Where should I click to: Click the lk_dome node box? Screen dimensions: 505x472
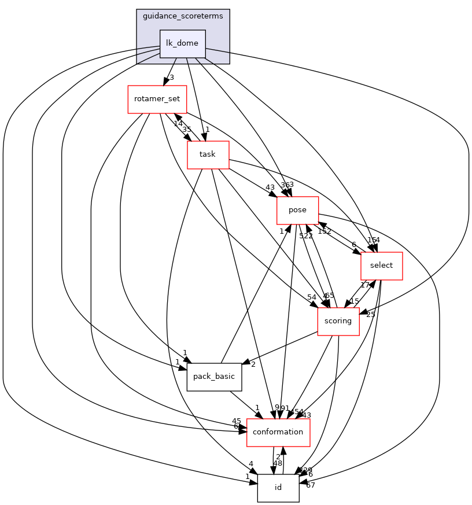point(182,43)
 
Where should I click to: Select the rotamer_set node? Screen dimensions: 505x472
point(157,99)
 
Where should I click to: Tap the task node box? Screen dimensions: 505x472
point(208,154)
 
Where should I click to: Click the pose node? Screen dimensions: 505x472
point(297,210)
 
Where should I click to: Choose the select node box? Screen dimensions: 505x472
point(381,266)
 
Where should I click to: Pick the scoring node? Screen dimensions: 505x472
point(338,321)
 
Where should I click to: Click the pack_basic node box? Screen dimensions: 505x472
point(213,377)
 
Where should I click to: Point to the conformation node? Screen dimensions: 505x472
point(278,432)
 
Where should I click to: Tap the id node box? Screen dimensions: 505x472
point(278,488)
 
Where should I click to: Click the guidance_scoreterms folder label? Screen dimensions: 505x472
point(183,16)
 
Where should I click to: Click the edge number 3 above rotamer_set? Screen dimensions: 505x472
point(171,77)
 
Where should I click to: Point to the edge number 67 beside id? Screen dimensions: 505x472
point(311,485)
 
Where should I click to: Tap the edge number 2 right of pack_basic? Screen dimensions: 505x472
point(253,364)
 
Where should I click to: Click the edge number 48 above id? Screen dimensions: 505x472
point(278,463)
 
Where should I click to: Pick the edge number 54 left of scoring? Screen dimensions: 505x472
point(312,297)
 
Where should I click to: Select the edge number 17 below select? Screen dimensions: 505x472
point(365,285)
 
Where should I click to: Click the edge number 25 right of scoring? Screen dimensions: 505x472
point(370,314)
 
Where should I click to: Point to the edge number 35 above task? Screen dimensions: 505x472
point(186,130)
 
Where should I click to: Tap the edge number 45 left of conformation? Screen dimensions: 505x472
point(236,421)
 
